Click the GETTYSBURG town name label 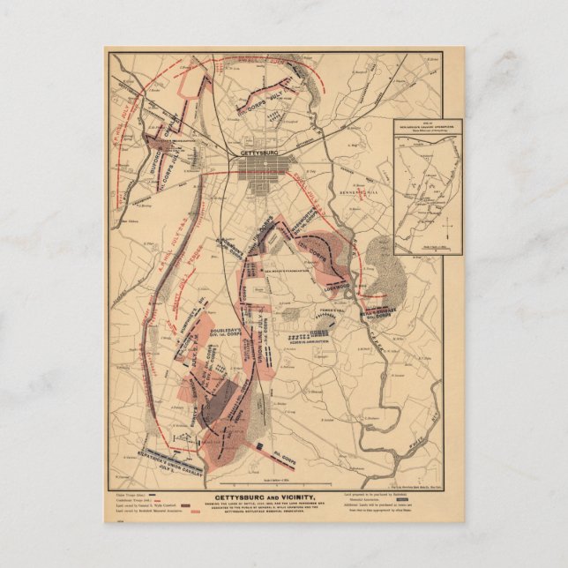264,151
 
